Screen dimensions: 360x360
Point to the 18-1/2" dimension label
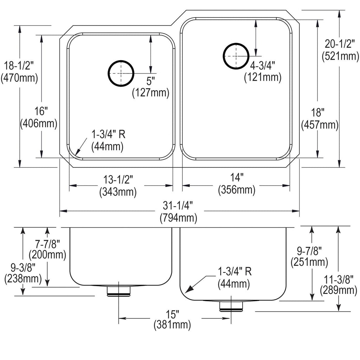click(x=19, y=66)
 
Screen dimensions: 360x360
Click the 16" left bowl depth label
click(x=41, y=111)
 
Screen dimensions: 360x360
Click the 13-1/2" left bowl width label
click(x=118, y=179)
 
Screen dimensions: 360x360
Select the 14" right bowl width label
click(x=237, y=177)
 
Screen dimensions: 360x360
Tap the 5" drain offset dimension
click(x=150, y=81)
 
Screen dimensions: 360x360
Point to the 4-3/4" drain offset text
click(x=262, y=66)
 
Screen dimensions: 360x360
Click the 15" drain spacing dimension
click(x=172, y=314)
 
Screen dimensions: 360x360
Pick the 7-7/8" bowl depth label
click(x=47, y=244)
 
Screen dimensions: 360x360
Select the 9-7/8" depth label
click(x=309, y=251)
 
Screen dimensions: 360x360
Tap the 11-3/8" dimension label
click(x=339, y=279)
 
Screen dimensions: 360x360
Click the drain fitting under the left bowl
click(x=118, y=291)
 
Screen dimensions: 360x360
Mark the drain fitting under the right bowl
click(x=231, y=306)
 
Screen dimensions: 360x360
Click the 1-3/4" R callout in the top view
click(x=108, y=134)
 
